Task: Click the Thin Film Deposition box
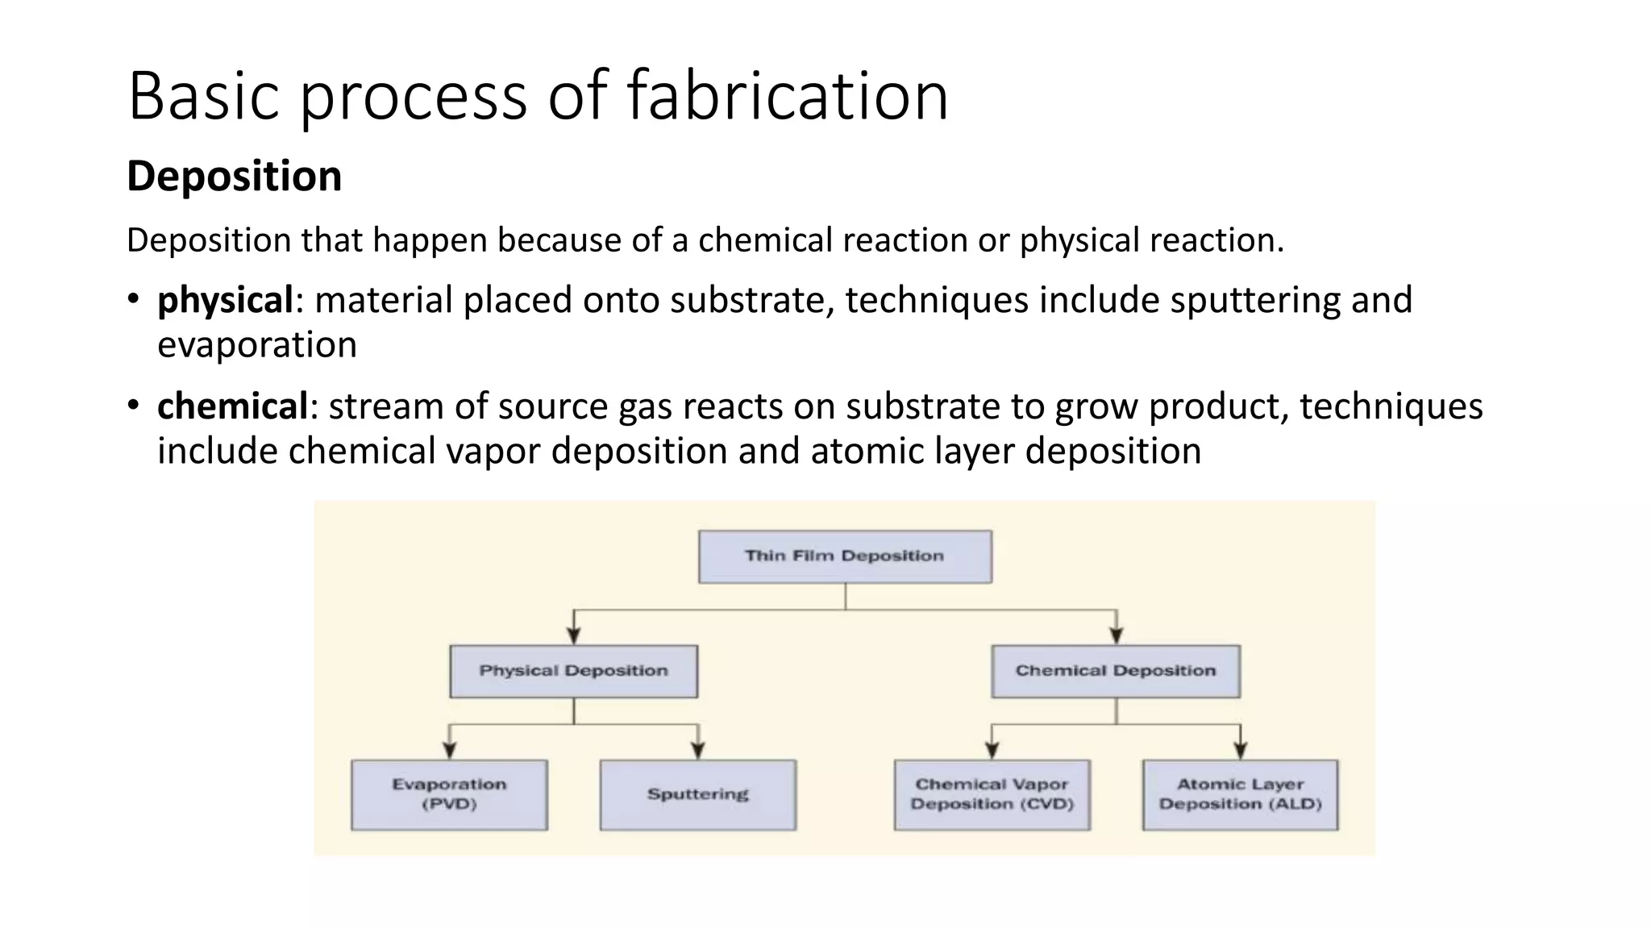coord(845,556)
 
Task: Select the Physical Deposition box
coord(573,671)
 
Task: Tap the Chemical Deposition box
coord(1116,671)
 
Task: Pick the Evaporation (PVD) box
coord(449,794)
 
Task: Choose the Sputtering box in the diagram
coord(698,794)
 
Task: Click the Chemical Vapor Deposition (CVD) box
coord(992,794)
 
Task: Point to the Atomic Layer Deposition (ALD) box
coord(1241,794)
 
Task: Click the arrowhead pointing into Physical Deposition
coord(574,635)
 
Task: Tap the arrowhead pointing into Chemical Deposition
coord(1117,635)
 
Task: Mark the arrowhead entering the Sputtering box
coord(698,750)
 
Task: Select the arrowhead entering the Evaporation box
coord(450,750)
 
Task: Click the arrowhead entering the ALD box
coord(1241,750)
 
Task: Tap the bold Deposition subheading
coord(234,176)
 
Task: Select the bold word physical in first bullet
coord(225,300)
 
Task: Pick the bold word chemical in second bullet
coord(232,406)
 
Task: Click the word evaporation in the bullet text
coord(256,345)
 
